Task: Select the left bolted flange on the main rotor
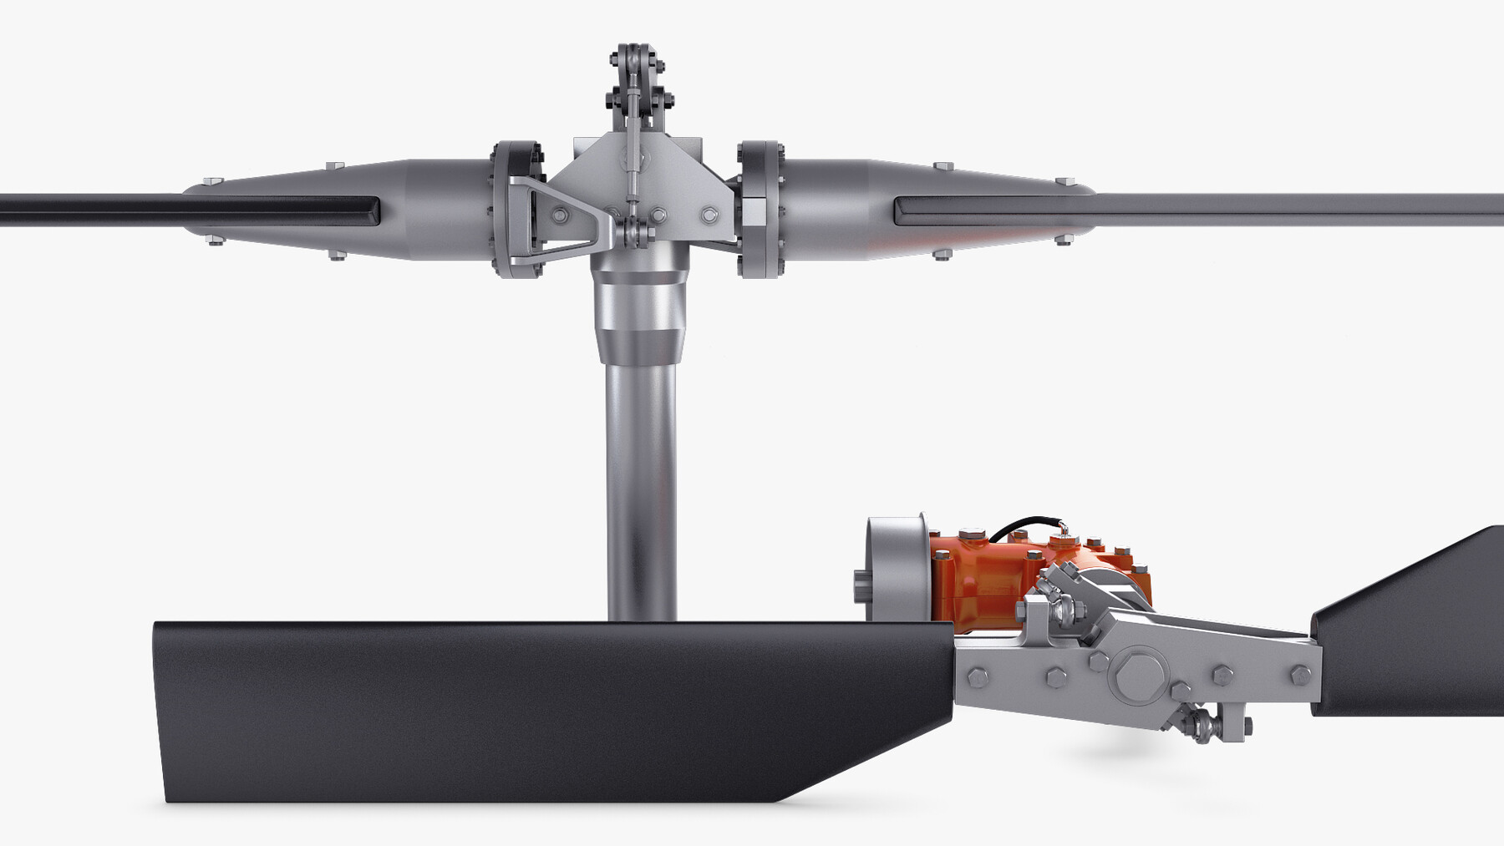coord(518,209)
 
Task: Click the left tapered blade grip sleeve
coord(334,209)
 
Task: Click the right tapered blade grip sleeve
coord(944,209)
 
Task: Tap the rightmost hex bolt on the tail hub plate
coord(1300,675)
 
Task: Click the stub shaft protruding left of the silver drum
coord(861,585)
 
